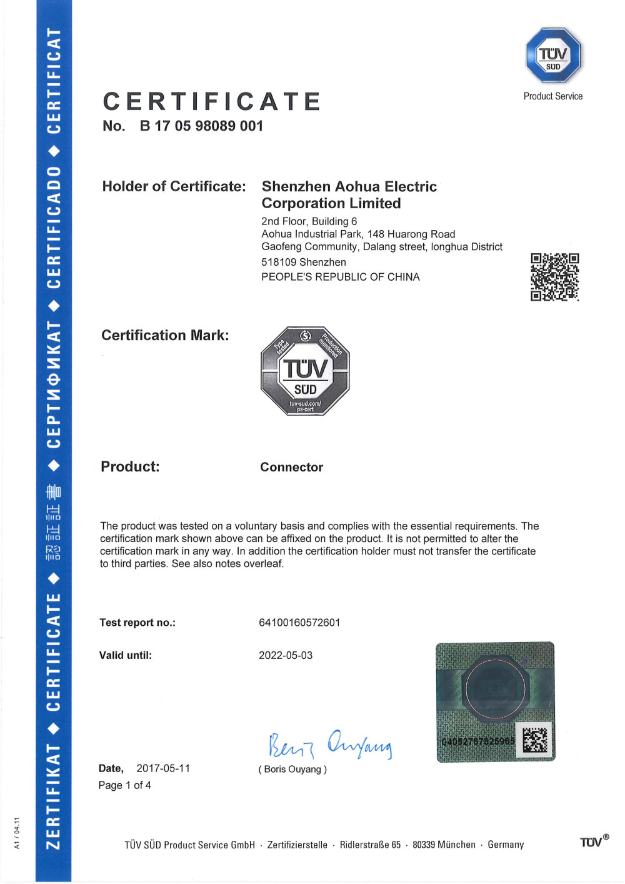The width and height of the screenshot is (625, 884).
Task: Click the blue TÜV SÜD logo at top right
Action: (x=553, y=56)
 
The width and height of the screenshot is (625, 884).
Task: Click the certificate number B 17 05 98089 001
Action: (x=201, y=126)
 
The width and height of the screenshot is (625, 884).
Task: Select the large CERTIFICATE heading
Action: (x=212, y=101)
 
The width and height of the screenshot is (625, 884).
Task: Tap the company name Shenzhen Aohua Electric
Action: (x=349, y=186)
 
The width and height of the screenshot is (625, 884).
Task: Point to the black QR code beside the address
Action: (x=554, y=277)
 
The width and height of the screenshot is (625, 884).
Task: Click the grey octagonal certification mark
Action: (x=305, y=371)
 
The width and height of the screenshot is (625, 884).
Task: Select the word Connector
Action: (x=291, y=467)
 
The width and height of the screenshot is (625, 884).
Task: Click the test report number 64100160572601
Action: (x=299, y=623)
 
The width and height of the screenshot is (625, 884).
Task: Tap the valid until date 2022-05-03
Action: (x=286, y=655)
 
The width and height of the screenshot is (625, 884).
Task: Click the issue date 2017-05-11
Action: (x=163, y=768)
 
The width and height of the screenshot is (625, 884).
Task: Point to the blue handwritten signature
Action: (x=330, y=744)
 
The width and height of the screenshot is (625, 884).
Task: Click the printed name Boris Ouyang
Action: (x=292, y=770)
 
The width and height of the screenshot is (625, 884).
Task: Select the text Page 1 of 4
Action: (x=124, y=785)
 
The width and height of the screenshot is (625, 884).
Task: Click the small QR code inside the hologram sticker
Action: (x=534, y=740)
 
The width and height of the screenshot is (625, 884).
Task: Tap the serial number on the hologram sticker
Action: (x=477, y=741)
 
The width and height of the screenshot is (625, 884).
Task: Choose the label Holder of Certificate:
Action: (x=174, y=186)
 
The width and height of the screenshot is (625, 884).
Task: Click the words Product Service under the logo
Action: (x=552, y=96)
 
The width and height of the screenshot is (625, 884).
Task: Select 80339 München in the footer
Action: (x=444, y=845)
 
